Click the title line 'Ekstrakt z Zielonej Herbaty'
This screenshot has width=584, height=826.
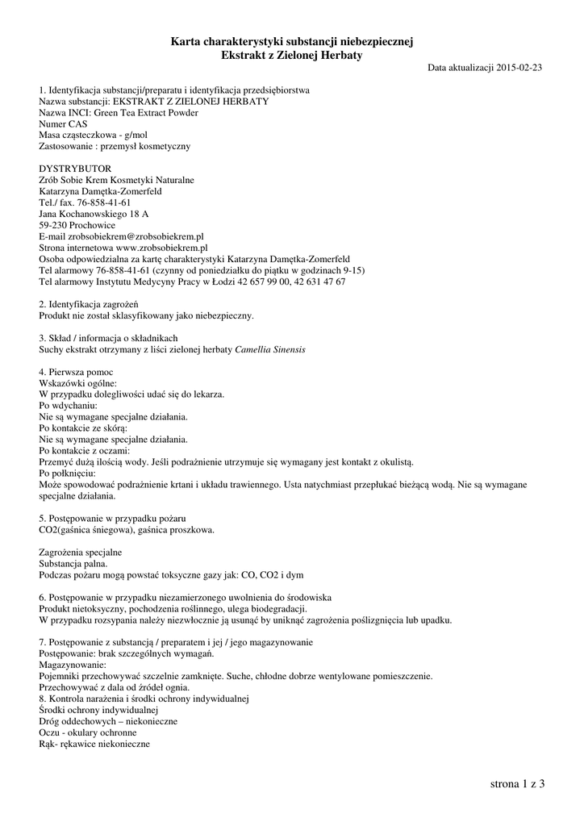292,55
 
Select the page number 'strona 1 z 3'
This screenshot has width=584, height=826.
517,783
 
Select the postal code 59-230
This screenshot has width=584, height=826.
54,225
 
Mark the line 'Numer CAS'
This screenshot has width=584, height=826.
63,124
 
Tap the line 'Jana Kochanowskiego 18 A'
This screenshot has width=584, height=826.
94,214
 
